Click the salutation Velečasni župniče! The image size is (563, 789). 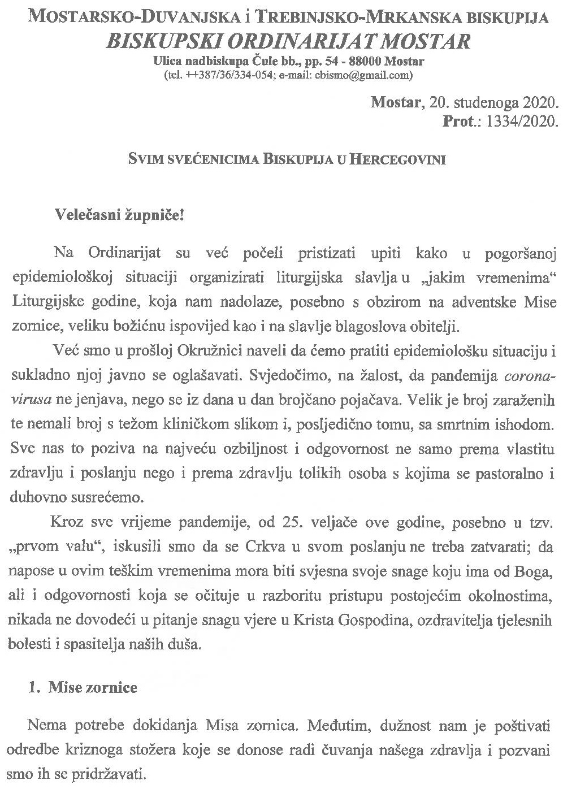119,215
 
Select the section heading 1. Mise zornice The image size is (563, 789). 84,688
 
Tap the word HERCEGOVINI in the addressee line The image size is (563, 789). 395,160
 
